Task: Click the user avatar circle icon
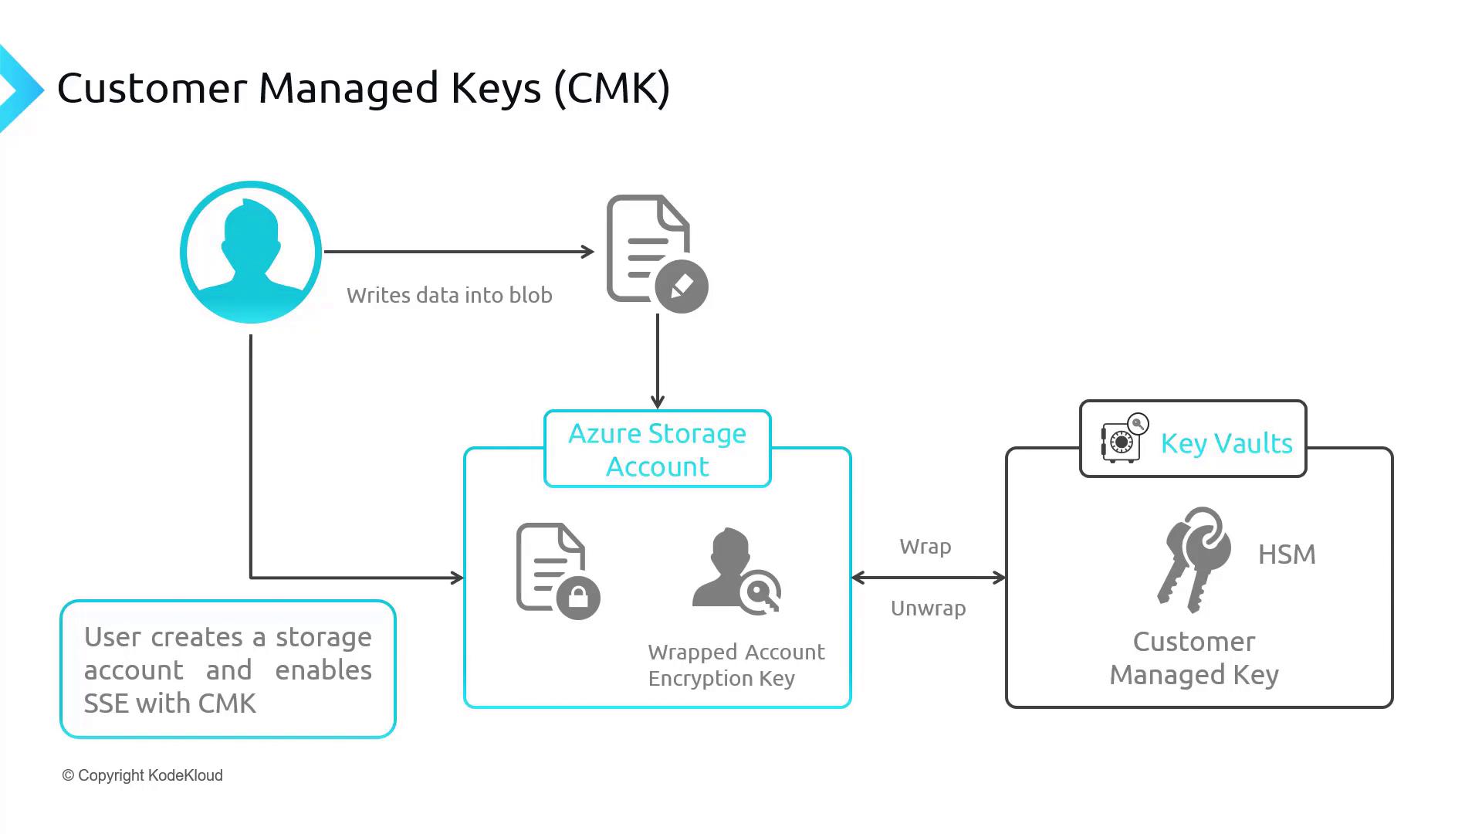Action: (x=251, y=252)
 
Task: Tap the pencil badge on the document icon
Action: (x=682, y=286)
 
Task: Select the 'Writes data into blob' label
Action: (x=449, y=295)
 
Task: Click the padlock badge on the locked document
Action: (x=578, y=597)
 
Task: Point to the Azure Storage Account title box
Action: (x=658, y=449)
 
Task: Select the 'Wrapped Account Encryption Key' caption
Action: (x=736, y=665)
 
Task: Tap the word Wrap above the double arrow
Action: (x=925, y=547)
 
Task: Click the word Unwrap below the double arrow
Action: (x=929, y=609)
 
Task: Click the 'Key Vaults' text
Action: (x=1227, y=443)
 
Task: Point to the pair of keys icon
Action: (x=1193, y=559)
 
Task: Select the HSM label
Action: (x=1287, y=554)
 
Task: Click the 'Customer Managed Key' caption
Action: (x=1194, y=658)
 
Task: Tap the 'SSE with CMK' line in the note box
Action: (x=170, y=703)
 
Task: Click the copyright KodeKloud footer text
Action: (x=143, y=775)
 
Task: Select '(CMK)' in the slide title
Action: (x=611, y=88)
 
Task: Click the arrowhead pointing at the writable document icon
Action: (x=588, y=252)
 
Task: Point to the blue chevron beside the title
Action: (x=20, y=90)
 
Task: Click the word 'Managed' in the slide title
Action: (x=349, y=88)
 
